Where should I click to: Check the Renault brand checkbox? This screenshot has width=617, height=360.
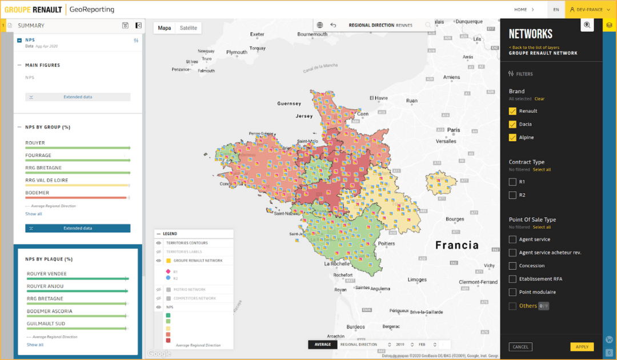point(512,111)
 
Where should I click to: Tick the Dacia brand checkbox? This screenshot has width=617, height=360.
point(512,124)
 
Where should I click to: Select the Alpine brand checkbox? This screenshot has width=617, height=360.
point(512,137)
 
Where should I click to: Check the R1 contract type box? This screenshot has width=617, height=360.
point(512,182)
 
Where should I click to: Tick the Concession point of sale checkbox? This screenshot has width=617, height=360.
point(512,266)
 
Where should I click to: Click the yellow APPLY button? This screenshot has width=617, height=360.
point(582,347)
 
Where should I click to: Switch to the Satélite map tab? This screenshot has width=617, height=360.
point(189,28)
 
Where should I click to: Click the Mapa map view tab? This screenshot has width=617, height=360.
point(165,28)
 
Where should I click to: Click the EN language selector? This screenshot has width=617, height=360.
point(556,9)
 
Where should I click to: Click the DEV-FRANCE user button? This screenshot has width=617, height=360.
point(586,9)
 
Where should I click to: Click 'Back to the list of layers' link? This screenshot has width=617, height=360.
point(535,47)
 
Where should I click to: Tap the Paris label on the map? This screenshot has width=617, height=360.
point(454,130)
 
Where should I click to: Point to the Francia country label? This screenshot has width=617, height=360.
point(456,245)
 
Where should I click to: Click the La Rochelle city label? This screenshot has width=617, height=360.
point(337,264)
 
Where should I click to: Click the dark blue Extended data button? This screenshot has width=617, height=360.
point(78,228)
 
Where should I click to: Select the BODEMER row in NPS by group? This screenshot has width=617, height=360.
point(37,193)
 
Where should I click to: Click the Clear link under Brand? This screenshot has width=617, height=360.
point(539,99)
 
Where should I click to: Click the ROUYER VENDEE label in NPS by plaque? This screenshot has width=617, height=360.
point(47,274)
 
